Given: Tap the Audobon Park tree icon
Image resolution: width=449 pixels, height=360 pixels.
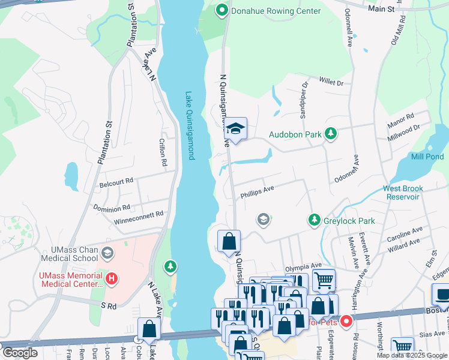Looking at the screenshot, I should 330,134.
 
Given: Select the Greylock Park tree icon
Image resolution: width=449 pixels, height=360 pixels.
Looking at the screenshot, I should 313,220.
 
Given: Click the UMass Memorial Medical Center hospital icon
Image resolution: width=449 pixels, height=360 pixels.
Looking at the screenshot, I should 110,278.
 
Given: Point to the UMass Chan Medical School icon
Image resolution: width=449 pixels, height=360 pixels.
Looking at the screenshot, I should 107,253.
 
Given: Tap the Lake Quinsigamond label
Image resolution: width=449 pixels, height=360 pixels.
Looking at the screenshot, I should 190,125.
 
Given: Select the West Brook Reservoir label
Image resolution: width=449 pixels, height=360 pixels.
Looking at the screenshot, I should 411,193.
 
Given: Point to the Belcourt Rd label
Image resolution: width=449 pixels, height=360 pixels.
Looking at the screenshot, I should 116,180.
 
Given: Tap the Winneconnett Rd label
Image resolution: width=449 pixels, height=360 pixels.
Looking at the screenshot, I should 138,215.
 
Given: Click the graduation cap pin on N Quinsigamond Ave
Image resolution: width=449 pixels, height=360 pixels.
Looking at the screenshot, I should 235,128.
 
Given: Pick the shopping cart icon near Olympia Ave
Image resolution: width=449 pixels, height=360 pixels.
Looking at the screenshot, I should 323,280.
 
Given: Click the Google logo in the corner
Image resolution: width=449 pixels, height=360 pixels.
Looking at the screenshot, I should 19,353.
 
